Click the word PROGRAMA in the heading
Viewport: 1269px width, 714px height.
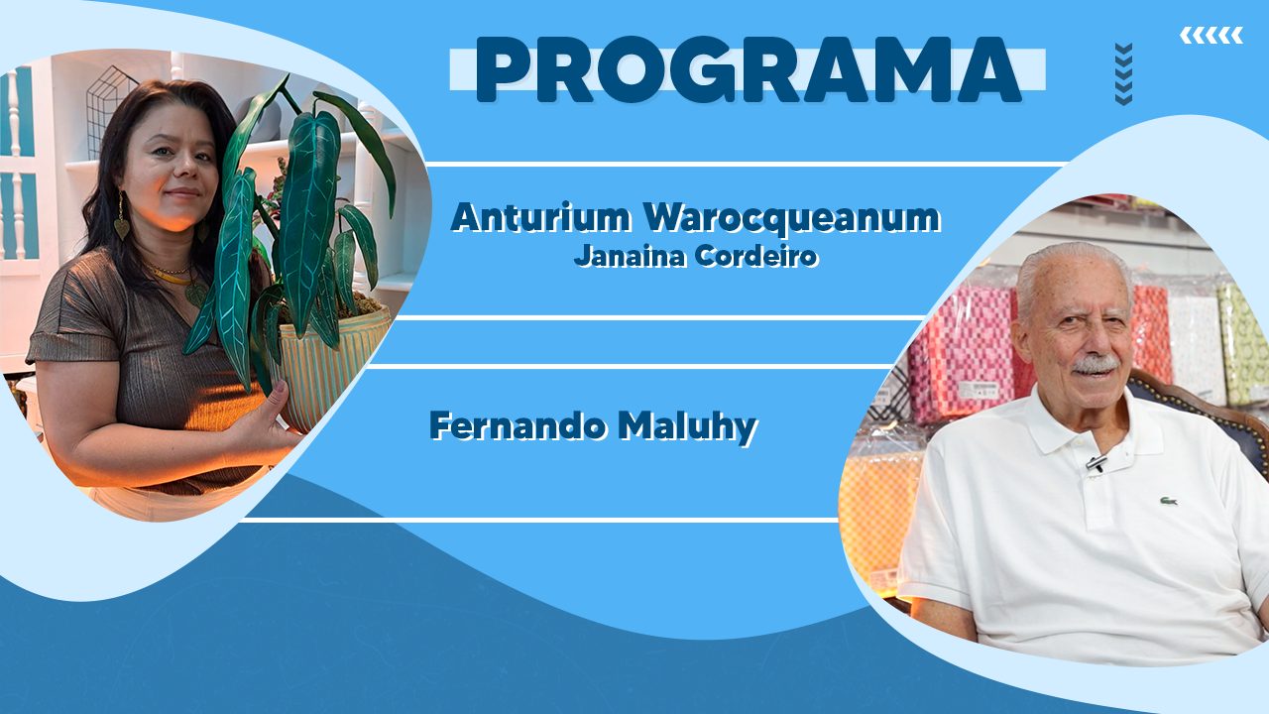coord(749,69)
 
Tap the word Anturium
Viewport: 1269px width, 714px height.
coord(541,217)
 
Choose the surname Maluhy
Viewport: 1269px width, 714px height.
coord(687,427)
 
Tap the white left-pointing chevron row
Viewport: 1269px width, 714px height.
coord(1211,35)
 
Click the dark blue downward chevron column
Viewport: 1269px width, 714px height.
coord(1124,73)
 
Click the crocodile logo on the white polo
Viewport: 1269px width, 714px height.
coord(1168,501)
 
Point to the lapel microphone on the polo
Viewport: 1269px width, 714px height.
coord(1096,463)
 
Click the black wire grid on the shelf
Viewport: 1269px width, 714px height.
coord(109,110)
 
